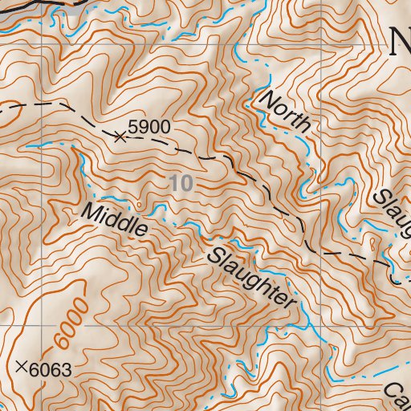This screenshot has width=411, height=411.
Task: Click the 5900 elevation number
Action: coord(150,128)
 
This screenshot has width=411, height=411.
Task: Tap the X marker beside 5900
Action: coord(120,137)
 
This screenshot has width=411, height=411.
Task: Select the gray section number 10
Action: coord(182,183)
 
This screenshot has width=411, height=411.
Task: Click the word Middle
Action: coord(116,218)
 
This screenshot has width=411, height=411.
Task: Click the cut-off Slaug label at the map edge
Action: coord(393,214)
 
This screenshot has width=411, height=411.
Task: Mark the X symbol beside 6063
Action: coord(22,368)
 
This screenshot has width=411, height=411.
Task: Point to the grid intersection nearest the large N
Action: coord(322,43)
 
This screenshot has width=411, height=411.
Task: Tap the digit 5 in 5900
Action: coord(133,128)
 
